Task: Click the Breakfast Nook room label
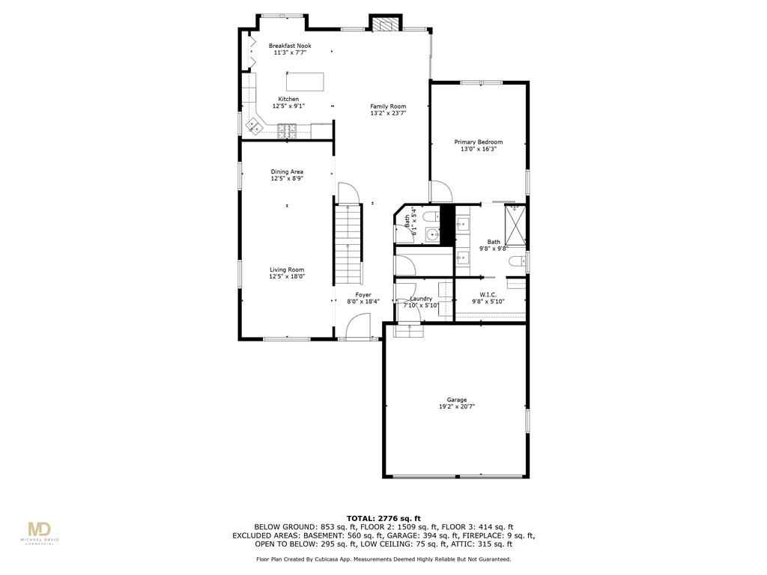tap(290, 46)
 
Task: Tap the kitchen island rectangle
tap(305, 81)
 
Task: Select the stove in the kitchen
tap(287, 132)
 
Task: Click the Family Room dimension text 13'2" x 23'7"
tap(388, 114)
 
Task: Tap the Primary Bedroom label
tap(478, 142)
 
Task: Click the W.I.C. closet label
tap(488, 295)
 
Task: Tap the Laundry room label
tap(421, 299)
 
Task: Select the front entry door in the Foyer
tap(360, 327)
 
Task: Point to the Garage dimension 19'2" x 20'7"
tap(457, 407)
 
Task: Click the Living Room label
tap(287, 270)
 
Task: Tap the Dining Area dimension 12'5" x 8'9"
tap(287, 179)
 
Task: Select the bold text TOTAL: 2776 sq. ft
tap(383, 518)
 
